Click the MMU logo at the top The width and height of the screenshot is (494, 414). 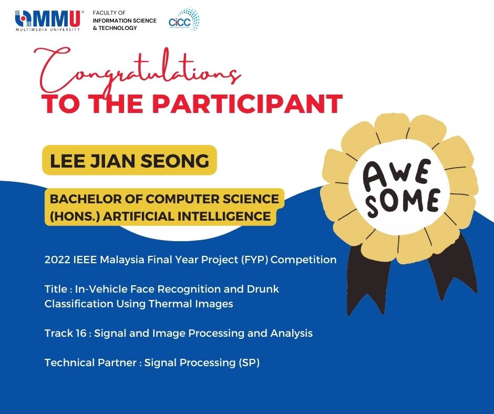coord(49,21)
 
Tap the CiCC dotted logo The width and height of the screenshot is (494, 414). coord(184,19)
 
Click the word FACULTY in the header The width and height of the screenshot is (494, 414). coord(105,13)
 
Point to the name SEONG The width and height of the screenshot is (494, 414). coord(174,161)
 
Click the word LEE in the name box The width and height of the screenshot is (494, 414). coord(67,161)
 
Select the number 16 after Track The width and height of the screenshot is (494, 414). coord(80,333)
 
